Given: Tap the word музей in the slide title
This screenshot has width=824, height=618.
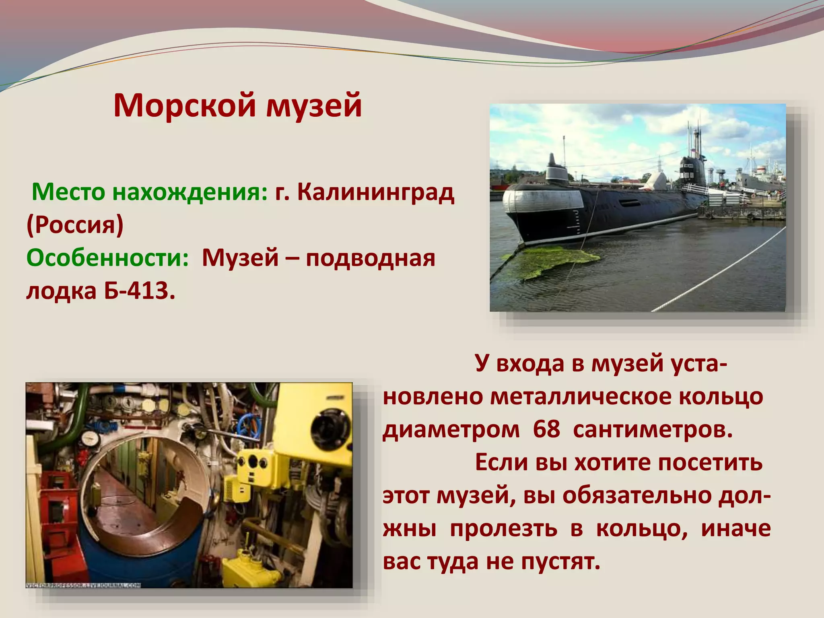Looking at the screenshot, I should pyautogui.click(x=314, y=105).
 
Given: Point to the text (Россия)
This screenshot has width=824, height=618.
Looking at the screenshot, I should pyautogui.click(x=75, y=225).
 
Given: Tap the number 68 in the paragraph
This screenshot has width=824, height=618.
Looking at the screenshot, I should pyautogui.click(x=546, y=429).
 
